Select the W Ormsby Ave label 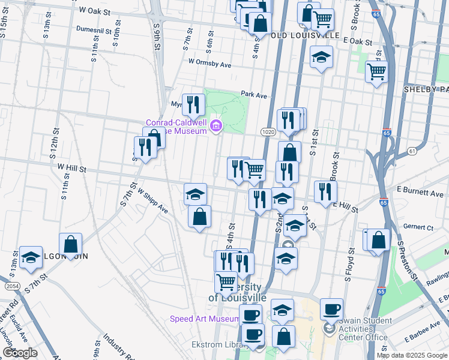tap(209, 62)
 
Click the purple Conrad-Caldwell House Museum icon tap(216, 127)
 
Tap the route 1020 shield tap(268, 131)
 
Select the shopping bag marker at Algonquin tap(71, 244)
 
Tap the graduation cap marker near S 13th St tap(31, 257)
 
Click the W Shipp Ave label tap(152, 201)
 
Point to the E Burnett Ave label tap(420, 194)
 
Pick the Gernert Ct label tap(418, 227)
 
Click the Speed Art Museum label tap(205, 319)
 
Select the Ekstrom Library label tap(217, 344)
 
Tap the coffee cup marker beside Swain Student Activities tap(331, 310)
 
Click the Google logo tap(20, 353)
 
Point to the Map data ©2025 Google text tap(412, 355)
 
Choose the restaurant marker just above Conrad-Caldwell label tap(193, 104)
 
